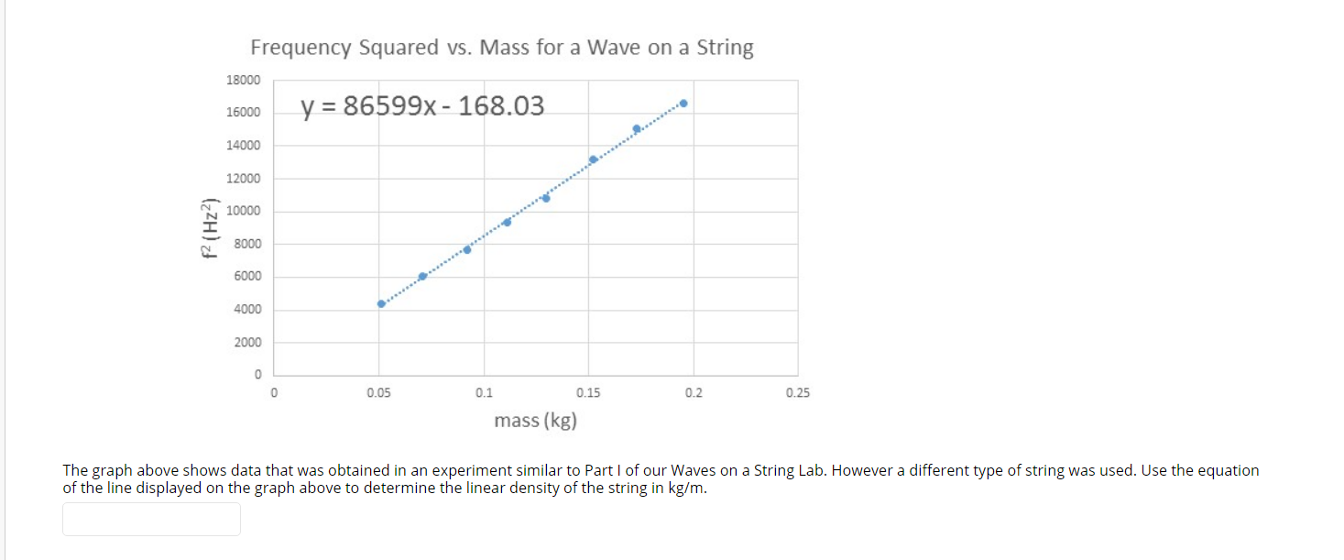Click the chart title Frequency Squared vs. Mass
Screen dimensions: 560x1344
point(502,48)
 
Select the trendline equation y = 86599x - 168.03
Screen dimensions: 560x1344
point(422,106)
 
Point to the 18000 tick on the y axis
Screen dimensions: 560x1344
point(243,80)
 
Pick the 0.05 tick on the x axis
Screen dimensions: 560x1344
point(378,393)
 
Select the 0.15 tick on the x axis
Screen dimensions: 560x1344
point(588,393)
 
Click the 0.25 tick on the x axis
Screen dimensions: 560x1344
point(798,393)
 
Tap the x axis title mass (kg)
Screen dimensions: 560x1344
point(535,421)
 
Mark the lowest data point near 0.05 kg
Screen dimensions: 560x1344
point(381,303)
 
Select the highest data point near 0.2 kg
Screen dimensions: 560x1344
point(683,104)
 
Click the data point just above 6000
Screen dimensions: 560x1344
point(422,276)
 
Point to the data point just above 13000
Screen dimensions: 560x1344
point(593,159)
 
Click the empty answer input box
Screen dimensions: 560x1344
point(151,519)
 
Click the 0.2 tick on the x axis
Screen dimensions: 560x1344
point(694,393)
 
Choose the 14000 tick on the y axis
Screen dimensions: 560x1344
point(243,145)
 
